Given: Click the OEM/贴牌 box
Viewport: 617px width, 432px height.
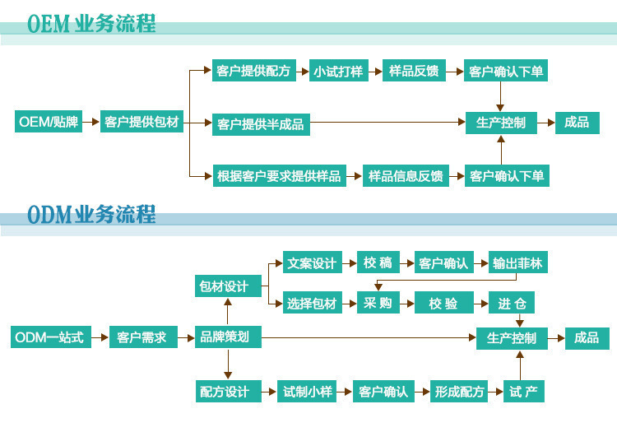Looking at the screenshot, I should point(49,123).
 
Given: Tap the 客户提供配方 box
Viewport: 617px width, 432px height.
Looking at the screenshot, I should point(253,72).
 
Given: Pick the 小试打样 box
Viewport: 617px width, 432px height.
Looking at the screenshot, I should point(337,72).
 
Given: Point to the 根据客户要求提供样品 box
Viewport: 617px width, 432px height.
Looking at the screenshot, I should point(278,175).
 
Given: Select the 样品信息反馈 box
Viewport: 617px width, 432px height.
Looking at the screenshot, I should point(406,175).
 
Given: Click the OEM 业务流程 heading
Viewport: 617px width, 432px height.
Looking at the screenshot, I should point(91,25).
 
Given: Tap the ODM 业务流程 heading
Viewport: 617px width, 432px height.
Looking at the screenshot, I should point(91,216).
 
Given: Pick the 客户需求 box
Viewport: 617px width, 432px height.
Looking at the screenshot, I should point(143,337).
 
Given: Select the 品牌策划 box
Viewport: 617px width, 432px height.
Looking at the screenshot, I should point(225,337).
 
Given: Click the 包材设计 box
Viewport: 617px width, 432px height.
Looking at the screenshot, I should point(223,286).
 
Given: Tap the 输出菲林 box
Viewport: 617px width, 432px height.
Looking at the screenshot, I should point(517,263).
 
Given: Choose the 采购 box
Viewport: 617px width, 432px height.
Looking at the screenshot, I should point(378,304).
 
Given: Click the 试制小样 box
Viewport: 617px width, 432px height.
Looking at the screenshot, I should point(308,392).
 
